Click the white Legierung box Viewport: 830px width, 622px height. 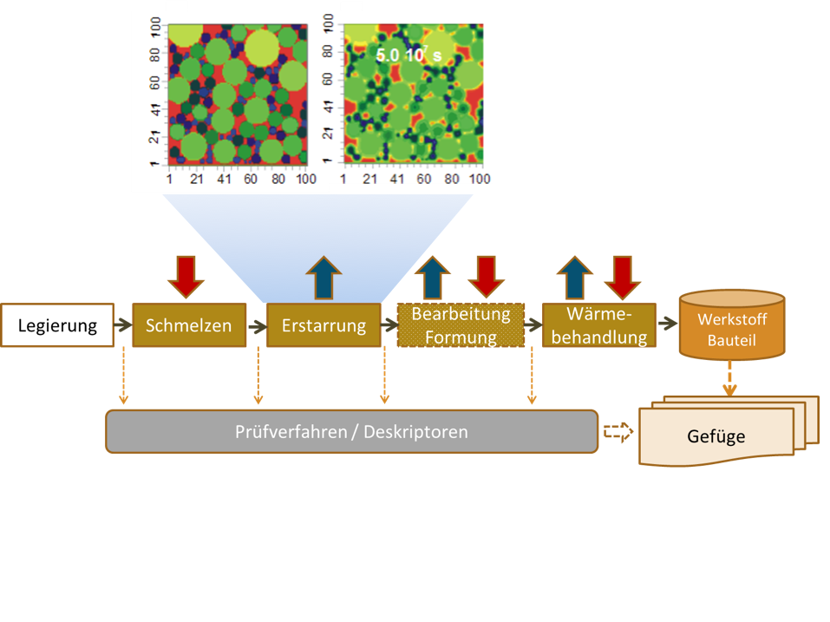(57, 325)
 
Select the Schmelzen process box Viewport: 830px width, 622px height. (188, 325)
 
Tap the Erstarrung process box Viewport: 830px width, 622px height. (324, 325)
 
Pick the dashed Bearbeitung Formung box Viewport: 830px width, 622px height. (461, 325)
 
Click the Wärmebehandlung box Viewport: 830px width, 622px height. (599, 325)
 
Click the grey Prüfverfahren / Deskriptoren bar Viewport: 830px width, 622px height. (351, 431)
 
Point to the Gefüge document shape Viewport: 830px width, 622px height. (716, 435)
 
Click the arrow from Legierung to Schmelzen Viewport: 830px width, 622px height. (123, 326)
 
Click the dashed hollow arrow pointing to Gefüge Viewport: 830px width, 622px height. (618, 431)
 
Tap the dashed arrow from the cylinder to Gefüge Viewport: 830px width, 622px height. (730, 379)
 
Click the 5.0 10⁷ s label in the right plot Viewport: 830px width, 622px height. (408, 56)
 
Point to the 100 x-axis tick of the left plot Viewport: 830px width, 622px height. (305, 179)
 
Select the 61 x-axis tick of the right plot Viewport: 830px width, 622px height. (422, 179)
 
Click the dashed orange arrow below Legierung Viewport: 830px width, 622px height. (123, 376)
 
